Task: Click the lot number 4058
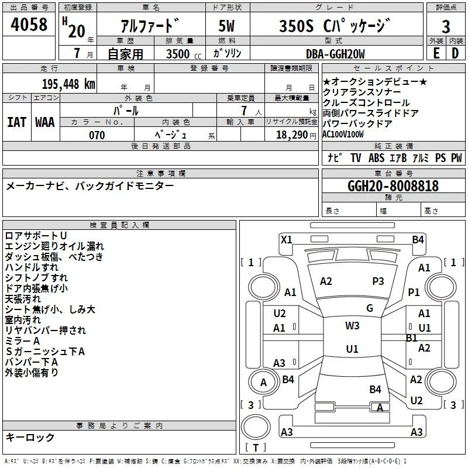(x=29, y=26)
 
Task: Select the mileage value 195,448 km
(x=68, y=84)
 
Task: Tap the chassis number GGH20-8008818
(x=393, y=186)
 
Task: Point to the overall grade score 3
(x=446, y=27)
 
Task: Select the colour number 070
(x=97, y=135)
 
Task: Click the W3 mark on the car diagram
(x=352, y=326)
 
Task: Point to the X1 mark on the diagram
(x=287, y=239)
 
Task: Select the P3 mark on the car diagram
(x=378, y=281)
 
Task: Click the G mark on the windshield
(x=369, y=308)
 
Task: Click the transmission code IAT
(x=16, y=122)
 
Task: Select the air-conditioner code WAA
(x=45, y=122)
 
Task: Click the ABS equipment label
(x=376, y=158)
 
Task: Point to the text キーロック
(x=30, y=437)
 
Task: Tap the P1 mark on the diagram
(x=414, y=292)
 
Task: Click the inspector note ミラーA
(x=22, y=341)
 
